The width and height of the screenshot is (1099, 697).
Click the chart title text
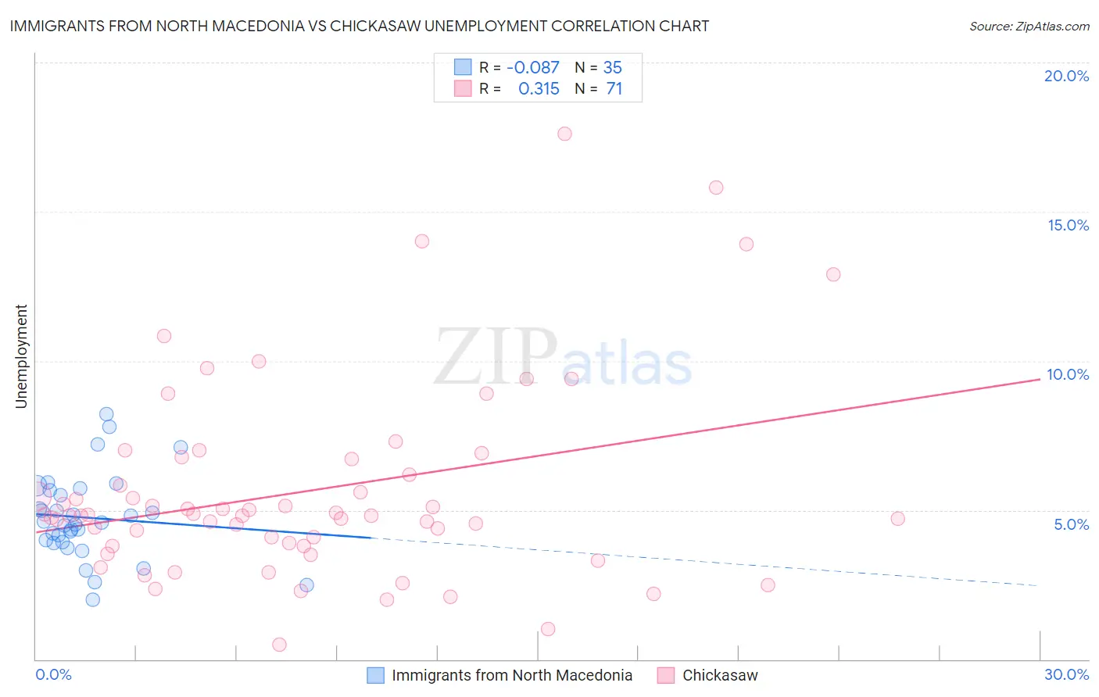pos(359,26)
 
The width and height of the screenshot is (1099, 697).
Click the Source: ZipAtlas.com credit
pos(1029,26)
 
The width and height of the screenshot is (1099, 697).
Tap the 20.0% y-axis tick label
pos(1066,76)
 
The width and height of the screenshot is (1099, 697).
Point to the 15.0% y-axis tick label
pos(1068,225)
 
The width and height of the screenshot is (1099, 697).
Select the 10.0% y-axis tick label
pos(1068,374)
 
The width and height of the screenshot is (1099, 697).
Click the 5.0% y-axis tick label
pos(1071,524)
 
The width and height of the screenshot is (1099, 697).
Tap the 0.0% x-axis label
pos(53,674)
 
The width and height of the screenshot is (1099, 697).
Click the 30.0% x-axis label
pos(1066,674)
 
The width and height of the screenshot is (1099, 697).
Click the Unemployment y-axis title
pos(21,356)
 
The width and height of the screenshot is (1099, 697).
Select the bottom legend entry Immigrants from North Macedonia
pos(511,675)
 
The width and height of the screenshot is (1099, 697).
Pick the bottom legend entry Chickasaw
pos(719,675)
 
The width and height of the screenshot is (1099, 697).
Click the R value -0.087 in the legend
pos(533,68)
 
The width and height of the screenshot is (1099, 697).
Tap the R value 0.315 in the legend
pos(539,89)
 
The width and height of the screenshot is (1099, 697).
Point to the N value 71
pos(614,89)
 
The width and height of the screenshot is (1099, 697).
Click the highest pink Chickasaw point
pos(564,134)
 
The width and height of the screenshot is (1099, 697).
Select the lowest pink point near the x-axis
pos(279,645)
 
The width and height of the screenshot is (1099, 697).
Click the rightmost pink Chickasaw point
pos(897,519)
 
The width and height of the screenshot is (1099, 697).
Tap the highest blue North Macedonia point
pos(106,414)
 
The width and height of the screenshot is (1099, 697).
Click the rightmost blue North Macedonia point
pos(306,585)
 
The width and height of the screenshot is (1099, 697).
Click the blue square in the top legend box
pos(463,67)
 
